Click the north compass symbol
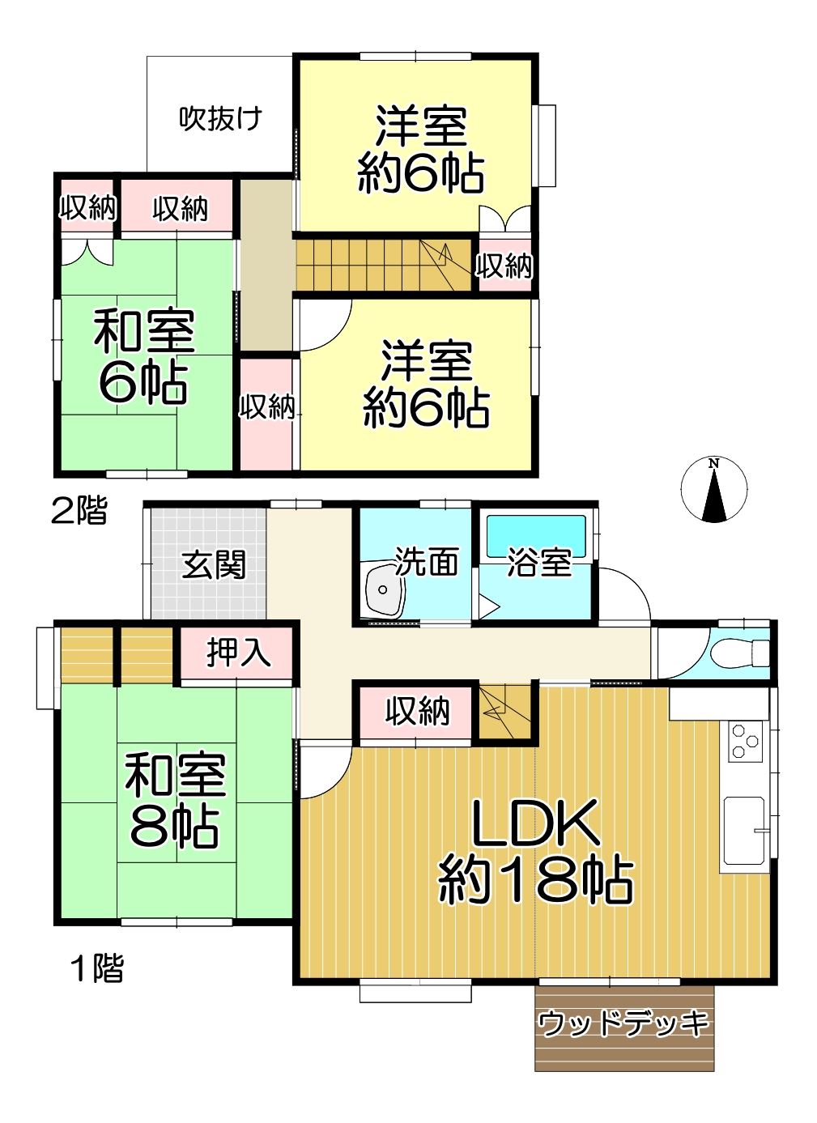click(713, 489)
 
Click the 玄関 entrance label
click(214, 565)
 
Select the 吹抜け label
click(220, 119)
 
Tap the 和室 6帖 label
click(144, 357)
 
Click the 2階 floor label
click(79, 511)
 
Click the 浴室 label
click(539, 563)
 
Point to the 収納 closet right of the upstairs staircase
click(504, 266)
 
